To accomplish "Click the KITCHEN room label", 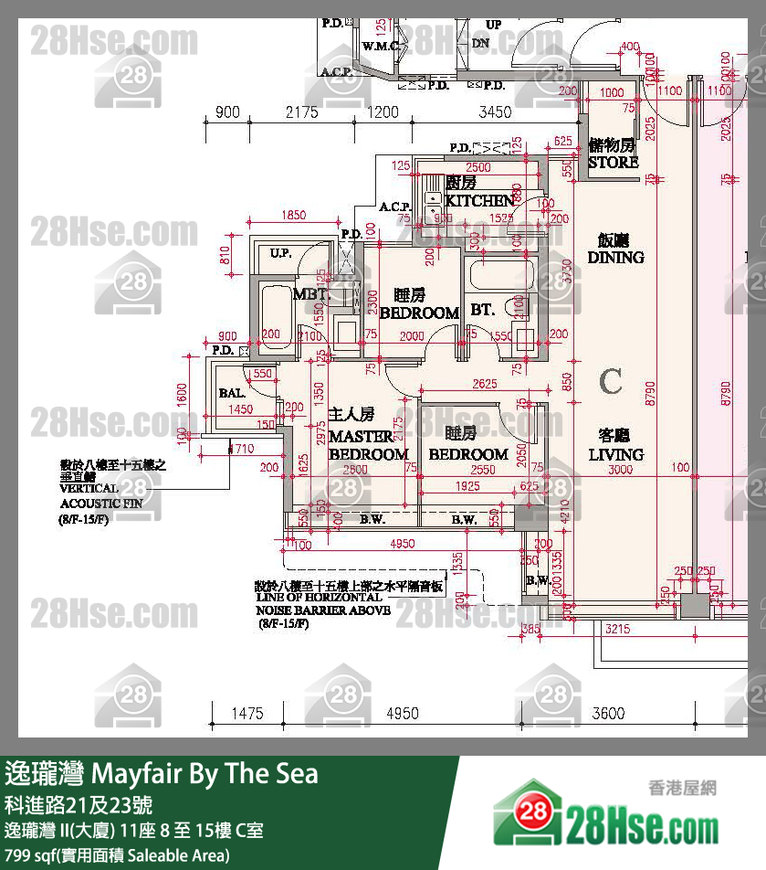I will [479, 200].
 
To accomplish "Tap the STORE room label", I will [613, 163].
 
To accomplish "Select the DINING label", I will [615, 258].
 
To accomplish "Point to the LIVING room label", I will [615, 454].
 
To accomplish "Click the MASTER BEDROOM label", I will [367, 445].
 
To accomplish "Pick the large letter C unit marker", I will [611, 381].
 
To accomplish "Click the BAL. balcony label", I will [232, 393].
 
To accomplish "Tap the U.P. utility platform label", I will [280, 253].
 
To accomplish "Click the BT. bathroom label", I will [482, 311].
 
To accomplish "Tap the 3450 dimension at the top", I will [495, 112].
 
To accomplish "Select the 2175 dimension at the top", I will [301, 112].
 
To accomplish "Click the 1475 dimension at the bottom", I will [247, 714].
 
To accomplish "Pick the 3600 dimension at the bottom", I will [609, 714].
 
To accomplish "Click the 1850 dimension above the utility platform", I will [293, 216].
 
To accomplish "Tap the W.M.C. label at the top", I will [378, 46].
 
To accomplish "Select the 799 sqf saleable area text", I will [117, 855].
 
